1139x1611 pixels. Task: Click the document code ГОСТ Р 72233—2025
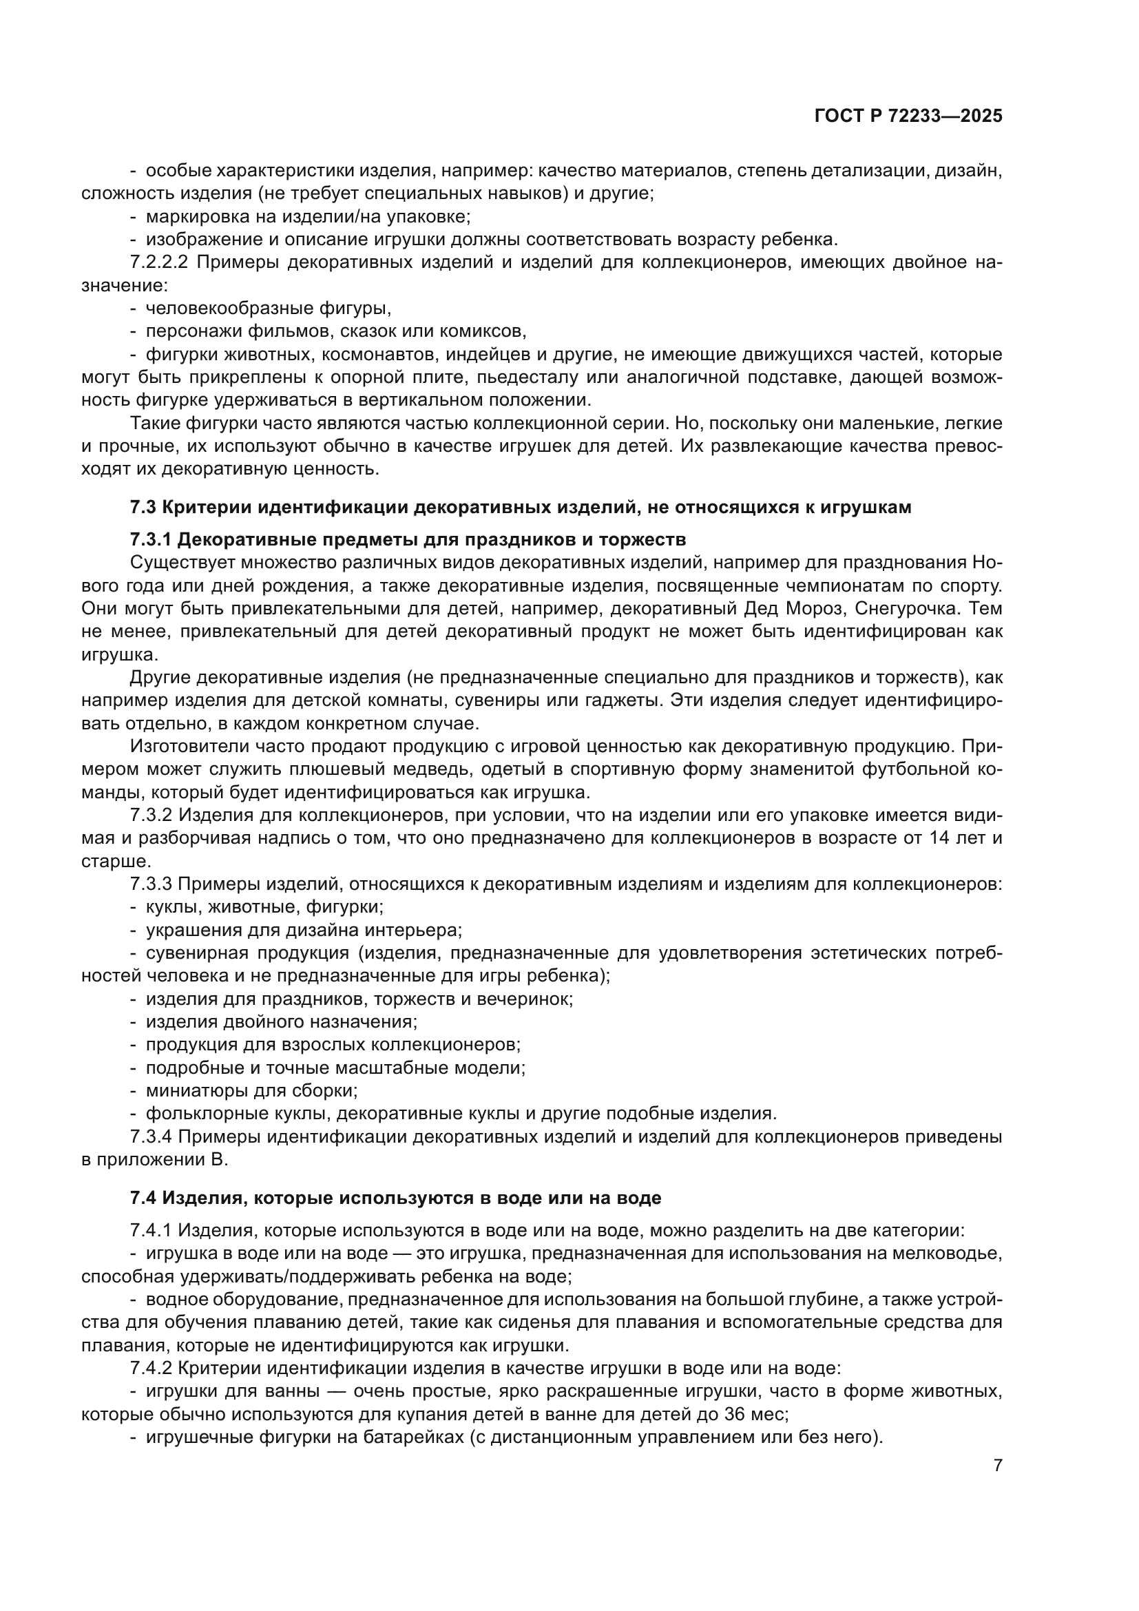(908, 116)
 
